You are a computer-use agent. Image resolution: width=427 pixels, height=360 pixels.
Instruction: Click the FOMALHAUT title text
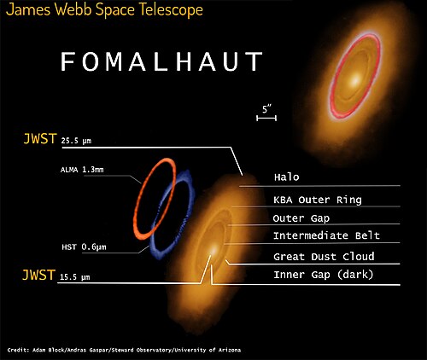(161, 61)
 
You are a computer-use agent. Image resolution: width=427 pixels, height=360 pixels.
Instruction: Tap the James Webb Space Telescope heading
(104, 9)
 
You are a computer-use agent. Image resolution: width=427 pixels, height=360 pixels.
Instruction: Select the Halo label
(287, 177)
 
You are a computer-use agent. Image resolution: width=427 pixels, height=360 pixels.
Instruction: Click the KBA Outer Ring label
(318, 200)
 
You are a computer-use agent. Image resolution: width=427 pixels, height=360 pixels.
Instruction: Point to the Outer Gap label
(301, 218)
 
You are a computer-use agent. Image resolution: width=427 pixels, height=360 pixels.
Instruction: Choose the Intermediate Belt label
(326, 235)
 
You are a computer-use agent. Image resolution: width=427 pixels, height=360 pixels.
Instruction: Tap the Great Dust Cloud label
(324, 257)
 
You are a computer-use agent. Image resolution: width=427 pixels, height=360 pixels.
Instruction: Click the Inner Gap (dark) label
(324, 275)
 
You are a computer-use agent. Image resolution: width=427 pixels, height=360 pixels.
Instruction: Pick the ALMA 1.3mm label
(82, 170)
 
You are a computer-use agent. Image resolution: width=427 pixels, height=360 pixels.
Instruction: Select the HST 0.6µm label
(84, 247)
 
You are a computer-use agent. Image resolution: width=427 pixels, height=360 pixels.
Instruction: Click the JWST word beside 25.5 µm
(40, 139)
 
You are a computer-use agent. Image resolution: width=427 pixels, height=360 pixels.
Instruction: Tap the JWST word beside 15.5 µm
(38, 275)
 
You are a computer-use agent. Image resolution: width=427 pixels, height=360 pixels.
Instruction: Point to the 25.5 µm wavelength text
(76, 141)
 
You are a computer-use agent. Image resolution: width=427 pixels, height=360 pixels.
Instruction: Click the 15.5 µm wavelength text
(75, 277)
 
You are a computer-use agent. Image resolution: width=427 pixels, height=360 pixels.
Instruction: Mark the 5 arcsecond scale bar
(266, 118)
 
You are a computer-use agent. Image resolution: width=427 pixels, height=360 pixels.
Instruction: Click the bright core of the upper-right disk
(354, 81)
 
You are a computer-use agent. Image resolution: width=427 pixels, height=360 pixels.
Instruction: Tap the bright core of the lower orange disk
(213, 251)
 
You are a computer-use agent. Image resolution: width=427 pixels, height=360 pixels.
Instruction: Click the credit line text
(124, 350)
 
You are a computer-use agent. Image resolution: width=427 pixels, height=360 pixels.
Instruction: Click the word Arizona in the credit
(230, 350)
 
